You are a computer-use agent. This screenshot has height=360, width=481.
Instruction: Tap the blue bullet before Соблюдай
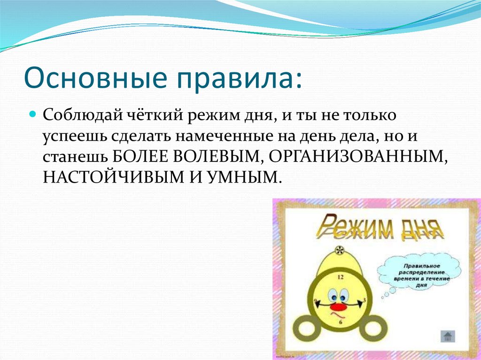32,115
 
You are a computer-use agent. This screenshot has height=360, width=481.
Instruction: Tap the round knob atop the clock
340,249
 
